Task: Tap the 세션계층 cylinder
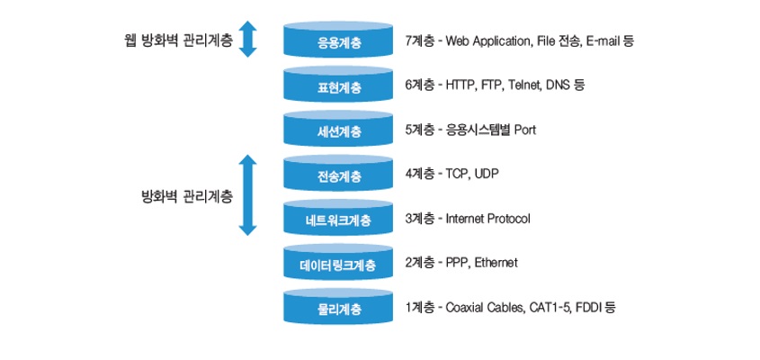pos(338,129)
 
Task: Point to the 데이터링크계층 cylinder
pos(338,263)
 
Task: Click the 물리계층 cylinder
pos(338,307)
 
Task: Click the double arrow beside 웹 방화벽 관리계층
pos(247,39)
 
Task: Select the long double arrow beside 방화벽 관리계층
pos(247,195)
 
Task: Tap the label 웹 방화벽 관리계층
pos(178,40)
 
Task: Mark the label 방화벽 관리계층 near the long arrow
pos(186,197)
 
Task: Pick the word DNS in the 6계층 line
pos(558,85)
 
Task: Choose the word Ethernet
pos(496,264)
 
